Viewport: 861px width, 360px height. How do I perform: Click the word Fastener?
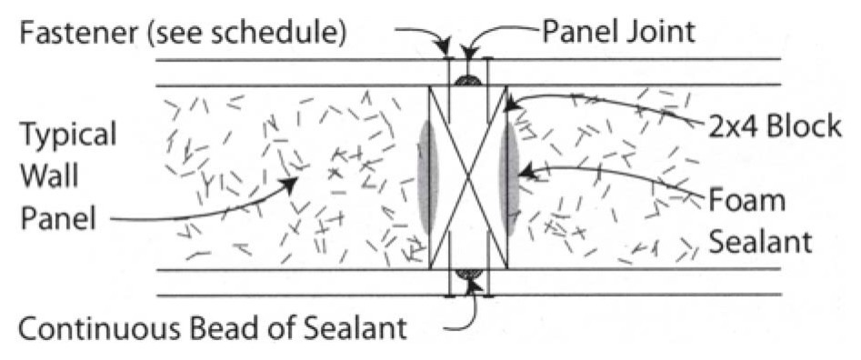(78, 33)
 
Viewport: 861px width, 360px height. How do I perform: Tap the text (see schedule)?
(245, 34)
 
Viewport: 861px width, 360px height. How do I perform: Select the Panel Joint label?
(619, 33)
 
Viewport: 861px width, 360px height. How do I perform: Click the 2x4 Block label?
(775, 126)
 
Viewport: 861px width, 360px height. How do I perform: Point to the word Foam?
(746, 201)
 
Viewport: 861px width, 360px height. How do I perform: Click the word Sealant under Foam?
(759, 242)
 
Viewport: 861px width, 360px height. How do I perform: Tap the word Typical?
(68, 135)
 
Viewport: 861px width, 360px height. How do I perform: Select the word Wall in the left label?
(49, 176)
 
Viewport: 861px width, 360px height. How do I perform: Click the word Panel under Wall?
(58, 218)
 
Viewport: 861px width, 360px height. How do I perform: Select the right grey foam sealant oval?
(509, 177)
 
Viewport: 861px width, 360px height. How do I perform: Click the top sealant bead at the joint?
(468, 80)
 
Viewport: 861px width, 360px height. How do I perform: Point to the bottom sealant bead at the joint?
(468, 275)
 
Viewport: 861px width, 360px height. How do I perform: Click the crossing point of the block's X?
(468, 177)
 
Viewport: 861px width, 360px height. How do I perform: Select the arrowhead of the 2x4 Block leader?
(512, 104)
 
